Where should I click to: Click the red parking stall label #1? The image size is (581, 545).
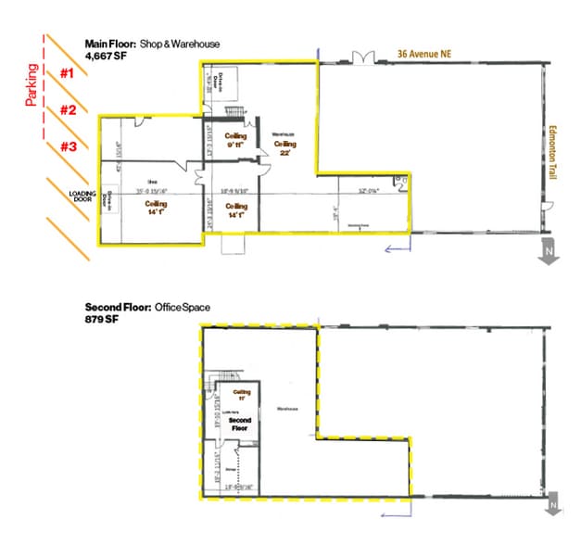pyautogui.click(x=67, y=73)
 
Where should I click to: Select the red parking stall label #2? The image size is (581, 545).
pyautogui.click(x=68, y=110)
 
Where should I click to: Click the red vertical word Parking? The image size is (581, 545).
pyautogui.click(x=32, y=84)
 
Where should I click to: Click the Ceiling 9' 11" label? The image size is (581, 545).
pyautogui.click(x=235, y=141)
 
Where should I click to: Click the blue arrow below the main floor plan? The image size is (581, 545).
pyautogui.click(x=397, y=247)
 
